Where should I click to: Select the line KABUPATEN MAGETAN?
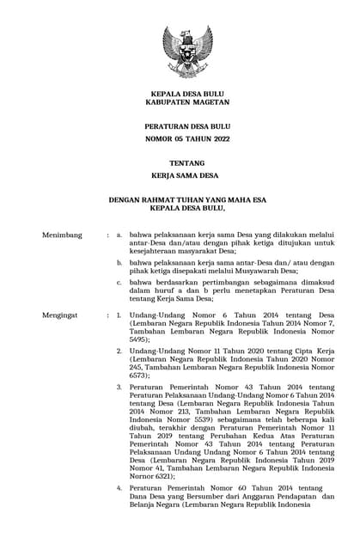tap(181, 101)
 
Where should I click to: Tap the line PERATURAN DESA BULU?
tap(181, 126)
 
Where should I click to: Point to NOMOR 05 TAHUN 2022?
tap(181, 137)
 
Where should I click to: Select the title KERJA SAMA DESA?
tap(181, 174)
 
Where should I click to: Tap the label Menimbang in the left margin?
tap(63, 234)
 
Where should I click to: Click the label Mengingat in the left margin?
tap(62, 315)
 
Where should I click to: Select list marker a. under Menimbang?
tap(119, 234)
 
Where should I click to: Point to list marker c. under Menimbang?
tap(119, 283)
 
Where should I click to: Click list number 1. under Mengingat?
tap(119, 315)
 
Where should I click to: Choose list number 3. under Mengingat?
tap(119, 387)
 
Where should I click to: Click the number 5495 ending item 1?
tap(140, 339)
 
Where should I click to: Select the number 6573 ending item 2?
tap(140, 376)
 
